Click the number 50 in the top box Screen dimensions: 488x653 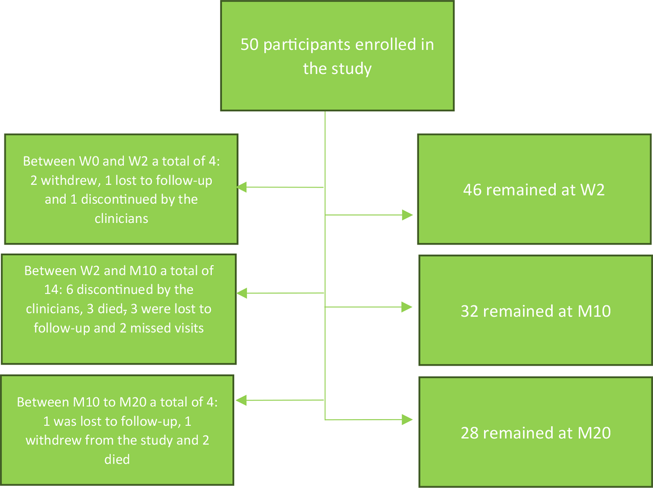coord(250,45)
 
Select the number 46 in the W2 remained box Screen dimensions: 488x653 coord(472,190)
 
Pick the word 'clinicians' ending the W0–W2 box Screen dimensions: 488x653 coord(122,218)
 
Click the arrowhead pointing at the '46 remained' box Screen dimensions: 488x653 coord(407,215)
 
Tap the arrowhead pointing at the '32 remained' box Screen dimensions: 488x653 coord(407,307)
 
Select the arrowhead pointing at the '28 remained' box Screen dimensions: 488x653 coord(407,419)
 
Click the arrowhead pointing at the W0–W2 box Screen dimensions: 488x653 coord(242,187)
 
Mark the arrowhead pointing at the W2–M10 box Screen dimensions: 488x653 coord(242,293)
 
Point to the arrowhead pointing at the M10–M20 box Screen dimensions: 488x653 coord(241,400)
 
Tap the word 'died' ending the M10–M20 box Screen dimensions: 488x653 coord(117,459)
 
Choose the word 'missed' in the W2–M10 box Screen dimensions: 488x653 coord(147,328)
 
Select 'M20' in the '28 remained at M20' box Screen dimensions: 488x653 coord(594,433)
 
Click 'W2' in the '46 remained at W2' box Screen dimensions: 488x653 coord(592,190)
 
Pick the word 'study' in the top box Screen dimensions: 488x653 coord(351,69)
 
